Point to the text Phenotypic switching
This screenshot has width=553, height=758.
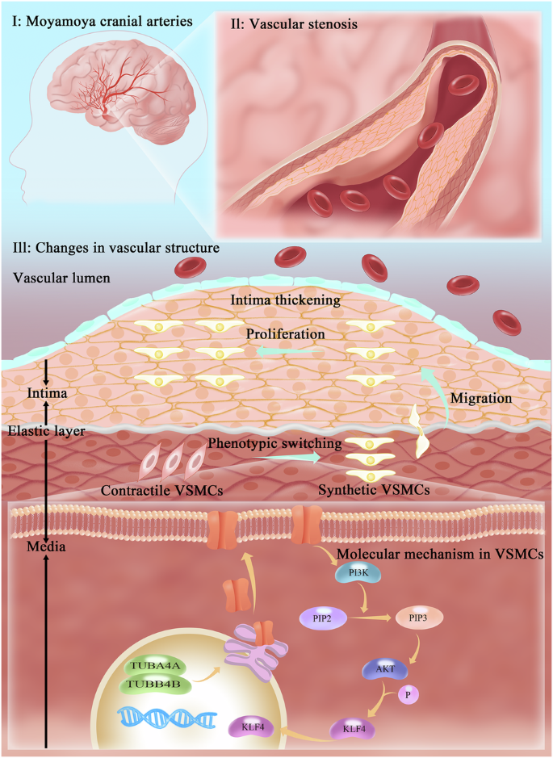(272, 443)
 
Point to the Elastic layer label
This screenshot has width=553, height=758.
(48, 430)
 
